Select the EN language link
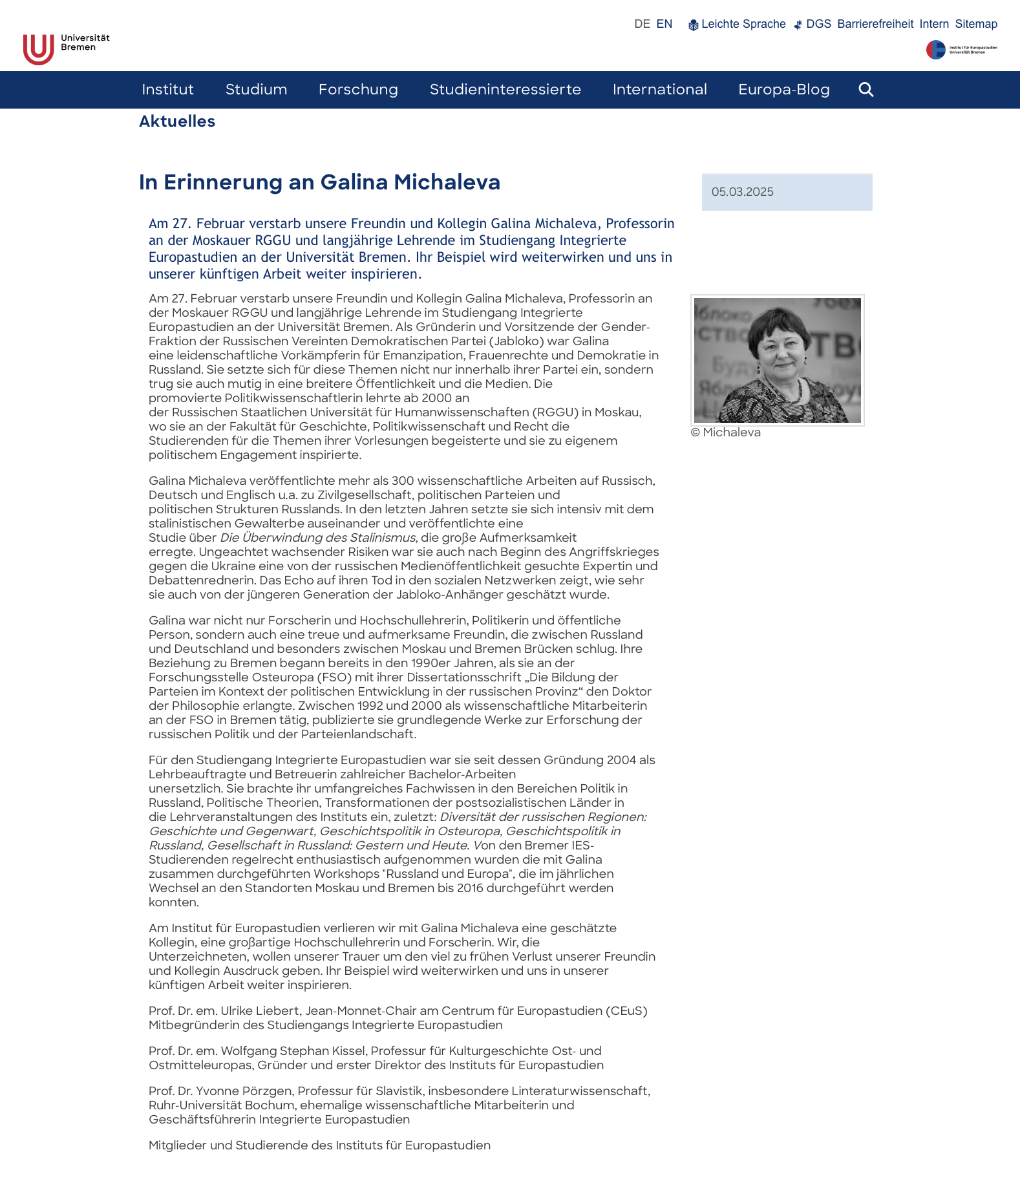[x=664, y=24]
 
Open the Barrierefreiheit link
[x=875, y=25]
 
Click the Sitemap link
[x=976, y=25]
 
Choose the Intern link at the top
[x=934, y=25]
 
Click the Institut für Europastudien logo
[x=961, y=50]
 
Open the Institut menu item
[x=167, y=90]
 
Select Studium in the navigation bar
[x=256, y=90]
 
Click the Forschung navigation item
[x=358, y=90]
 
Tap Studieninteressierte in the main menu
[x=505, y=90]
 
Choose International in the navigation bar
[x=659, y=90]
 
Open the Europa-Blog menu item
[x=783, y=90]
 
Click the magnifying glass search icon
[x=866, y=90]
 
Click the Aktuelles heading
[x=177, y=122]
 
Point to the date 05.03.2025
[x=742, y=192]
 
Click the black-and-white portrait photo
[x=777, y=360]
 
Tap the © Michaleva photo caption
[x=725, y=432]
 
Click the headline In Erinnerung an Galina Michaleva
[x=319, y=182]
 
